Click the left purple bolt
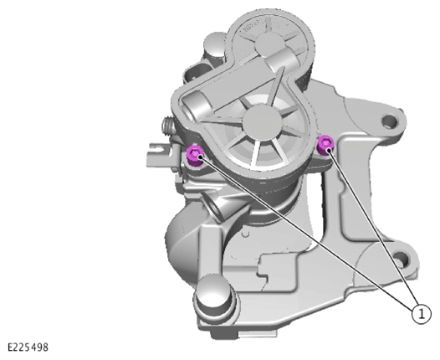pos(195,155)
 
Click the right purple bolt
pos(325,146)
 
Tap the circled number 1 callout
pos(421,314)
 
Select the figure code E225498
pos(28,347)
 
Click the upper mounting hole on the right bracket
pos(390,121)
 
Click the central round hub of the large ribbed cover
pos(262,123)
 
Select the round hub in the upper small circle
pos(267,45)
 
